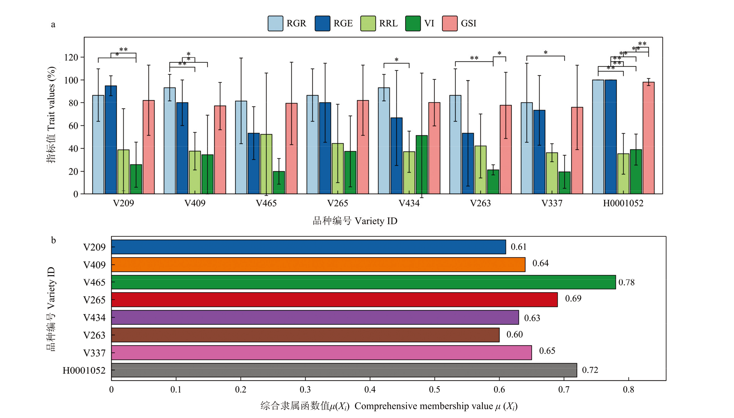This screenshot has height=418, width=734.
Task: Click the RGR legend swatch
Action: click(275, 24)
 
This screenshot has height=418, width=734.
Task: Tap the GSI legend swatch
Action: click(450, 24)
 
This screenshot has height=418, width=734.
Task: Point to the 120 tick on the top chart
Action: click(71, 57)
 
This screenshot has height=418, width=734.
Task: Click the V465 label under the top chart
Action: click(266, 203)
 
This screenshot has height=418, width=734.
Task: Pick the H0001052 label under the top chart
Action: click(623, 203)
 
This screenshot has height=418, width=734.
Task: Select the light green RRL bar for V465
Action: click(266, 164)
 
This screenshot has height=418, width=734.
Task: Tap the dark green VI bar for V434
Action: click(422, 165)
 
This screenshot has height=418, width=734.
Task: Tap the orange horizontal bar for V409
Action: click(318, 265)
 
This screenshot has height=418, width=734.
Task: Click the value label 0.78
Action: click(626, 282)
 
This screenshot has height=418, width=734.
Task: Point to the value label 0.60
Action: click(514, 334)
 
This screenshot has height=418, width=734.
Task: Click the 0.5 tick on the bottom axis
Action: click(435, 390)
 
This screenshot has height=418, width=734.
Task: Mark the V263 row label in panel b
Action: click(94, 335)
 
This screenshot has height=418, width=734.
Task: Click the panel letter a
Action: click(53, 24)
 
